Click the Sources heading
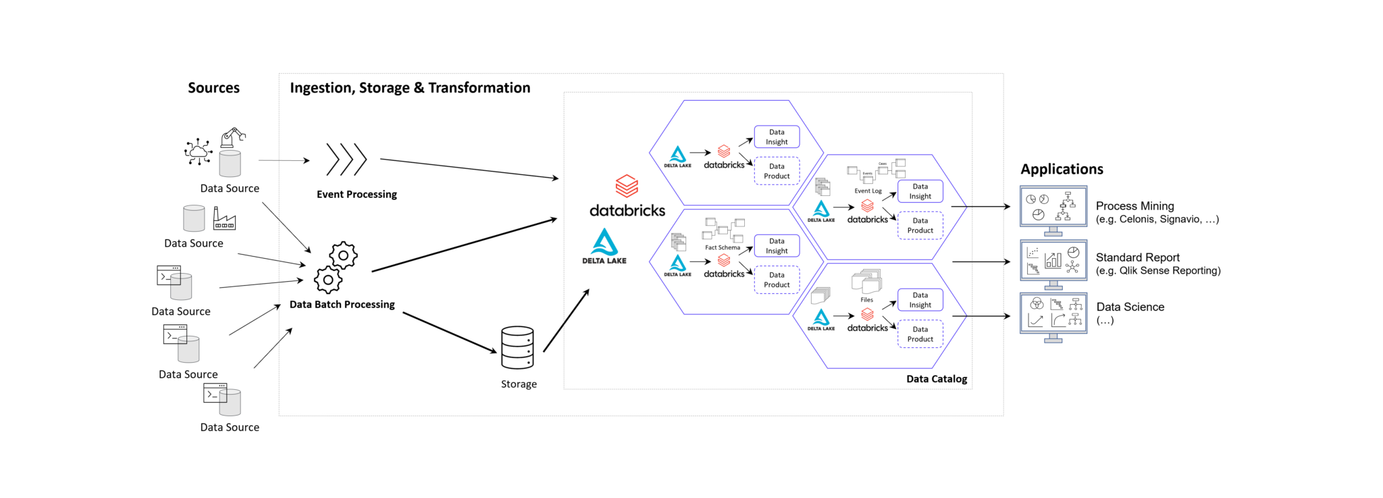pos(213,88)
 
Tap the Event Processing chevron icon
pos(346,159)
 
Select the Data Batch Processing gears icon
pos(336,268)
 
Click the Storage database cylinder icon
pos(517,348)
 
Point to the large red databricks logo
pos(627,186)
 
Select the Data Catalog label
pos(936,379)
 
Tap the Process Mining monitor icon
pos(1053,209)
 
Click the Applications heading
pos(1062,170)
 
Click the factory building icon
pos(224,219)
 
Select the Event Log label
pos(868,191)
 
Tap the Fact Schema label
pos(722,247)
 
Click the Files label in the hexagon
pos(866,300)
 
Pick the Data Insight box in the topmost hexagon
pos(777,137)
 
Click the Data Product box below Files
pos(920,334)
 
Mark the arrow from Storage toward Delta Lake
pos(566,321)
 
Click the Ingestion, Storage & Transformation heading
pos(410,88)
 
